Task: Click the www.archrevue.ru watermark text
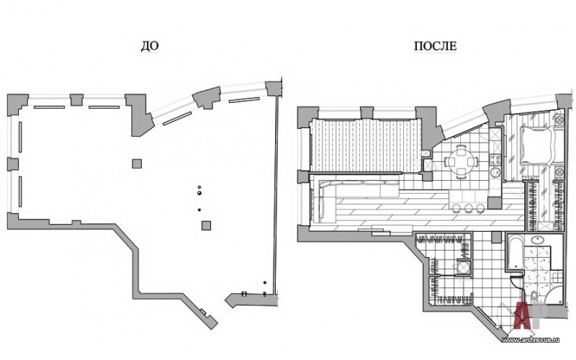(536, 338)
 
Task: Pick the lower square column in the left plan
(207, 225)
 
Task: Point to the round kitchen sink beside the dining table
(495, 173)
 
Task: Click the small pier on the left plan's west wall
(12, 163)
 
